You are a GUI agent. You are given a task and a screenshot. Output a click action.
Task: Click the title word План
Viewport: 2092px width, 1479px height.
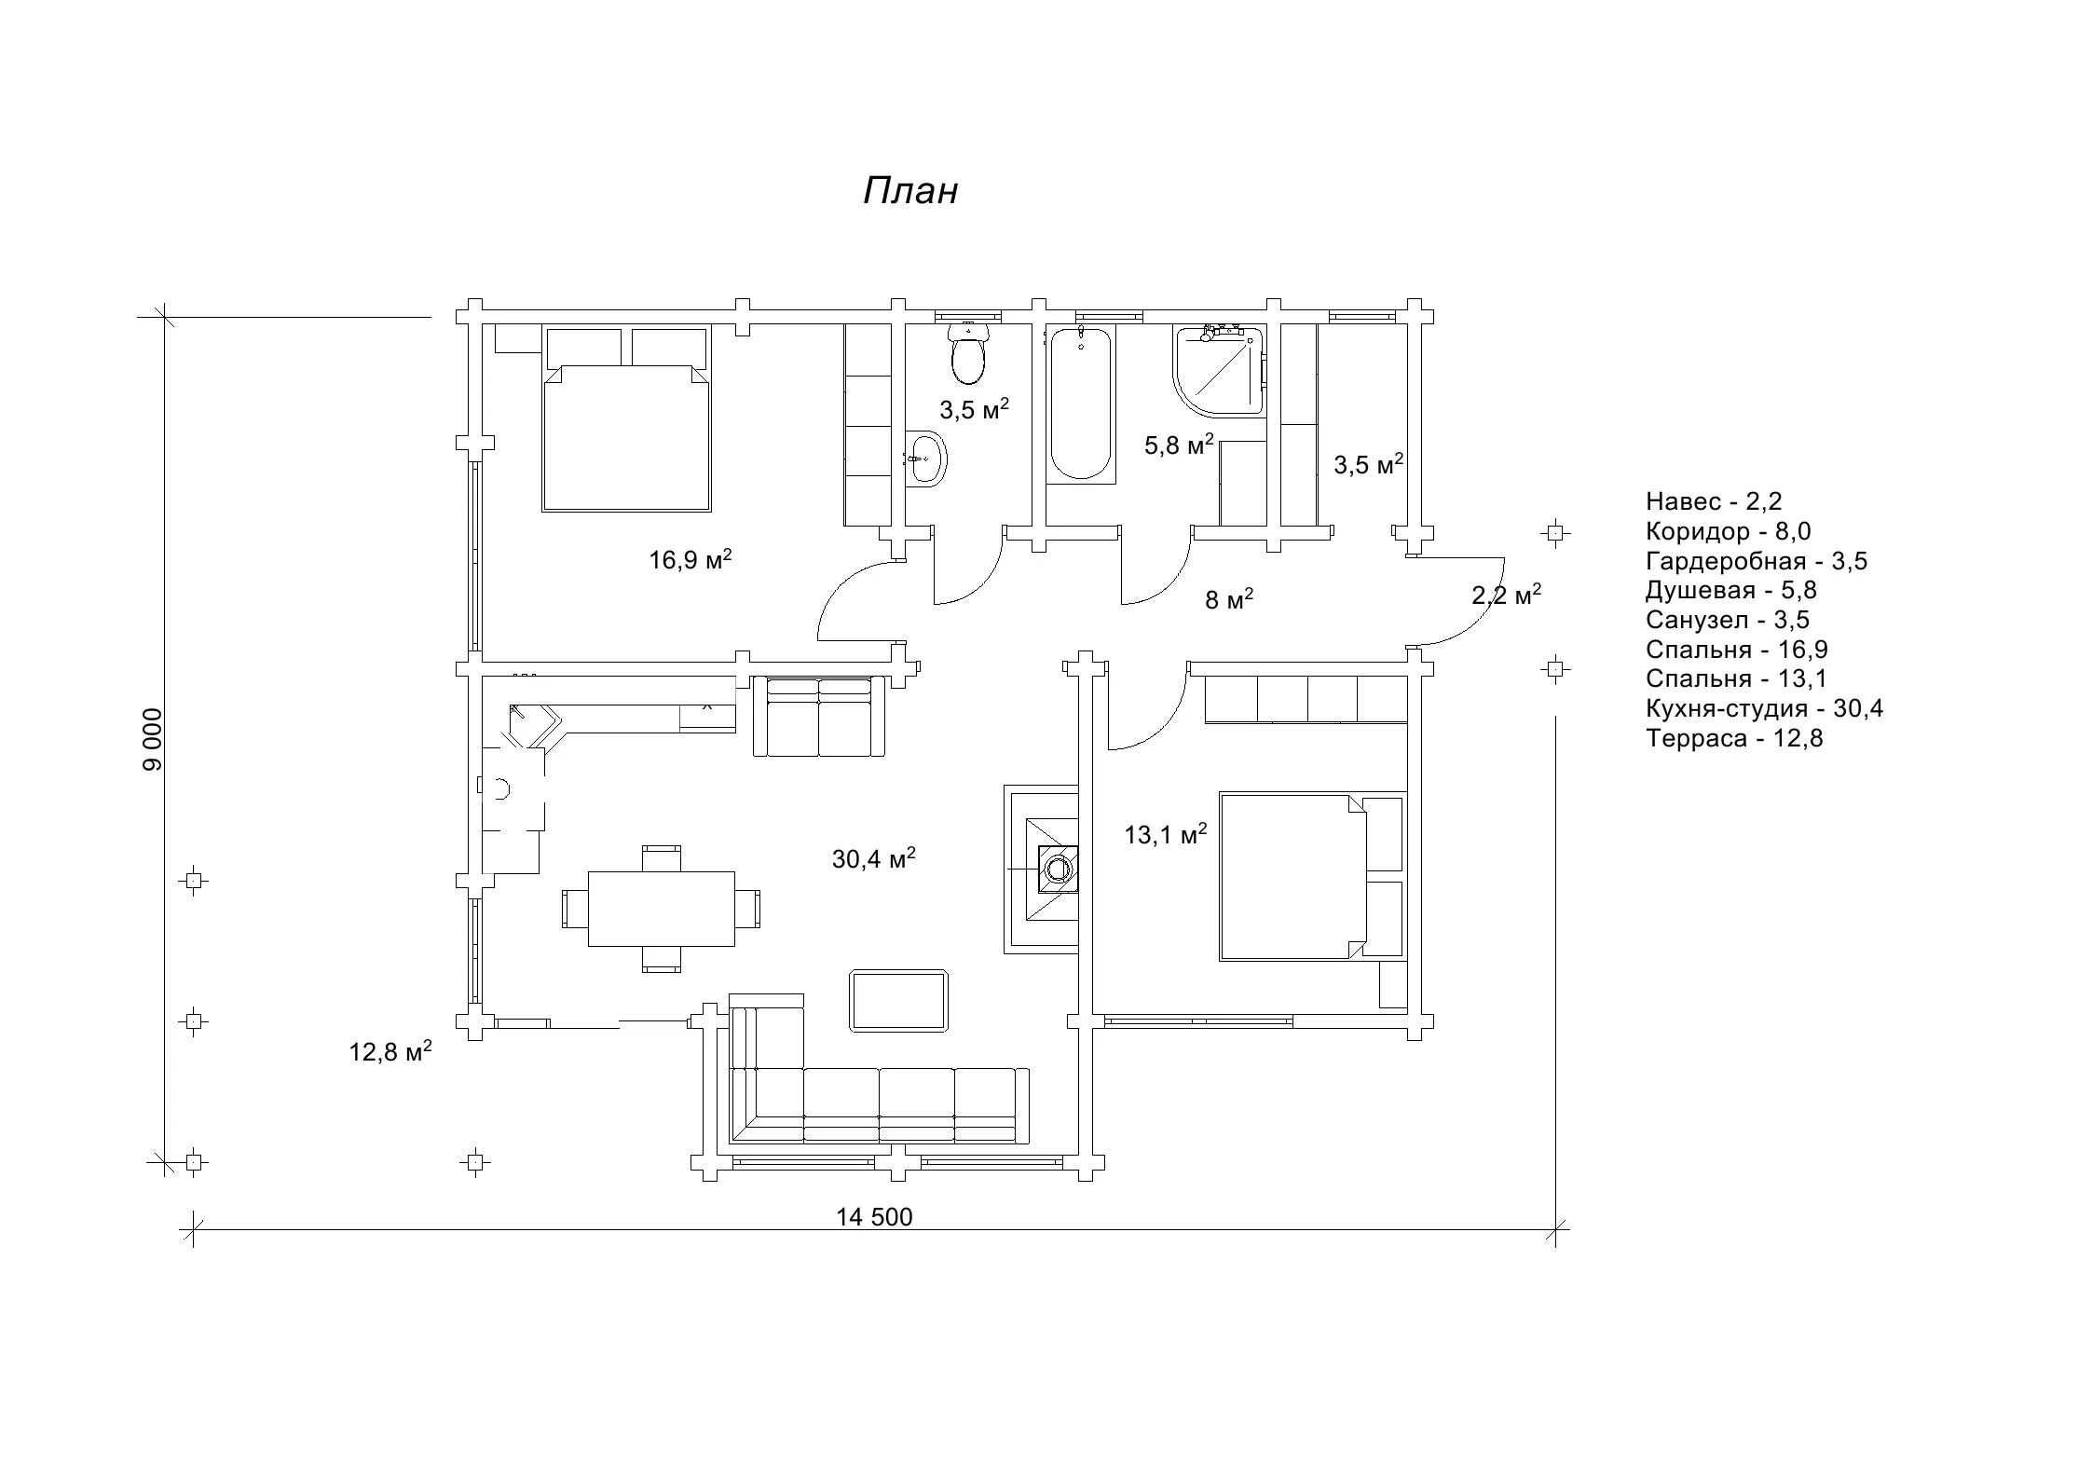pyautogui.click(x=910, y=191)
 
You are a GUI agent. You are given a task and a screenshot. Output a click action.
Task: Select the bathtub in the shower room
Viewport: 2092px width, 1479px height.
pyautogui.click(x=1081, y=405)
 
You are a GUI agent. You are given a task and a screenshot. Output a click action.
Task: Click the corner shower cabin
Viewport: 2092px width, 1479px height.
pyautogui.click(x=1220, y=370)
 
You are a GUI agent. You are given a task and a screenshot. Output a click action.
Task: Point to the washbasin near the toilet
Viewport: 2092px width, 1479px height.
pyautogui.click(x=927, y=458)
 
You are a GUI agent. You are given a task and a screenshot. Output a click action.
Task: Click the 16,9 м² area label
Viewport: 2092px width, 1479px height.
pyautogui.click(x=690, y=559)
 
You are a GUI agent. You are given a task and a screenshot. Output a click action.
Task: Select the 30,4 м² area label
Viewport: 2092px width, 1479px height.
pyautogui.click(x=873, y=858)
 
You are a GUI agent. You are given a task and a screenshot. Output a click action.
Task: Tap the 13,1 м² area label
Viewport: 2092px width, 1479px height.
pyautogui.click(x=1165, y=834)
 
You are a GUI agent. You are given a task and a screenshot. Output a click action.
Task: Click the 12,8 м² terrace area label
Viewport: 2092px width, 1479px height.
pyautogui.click(x=390, y=1052)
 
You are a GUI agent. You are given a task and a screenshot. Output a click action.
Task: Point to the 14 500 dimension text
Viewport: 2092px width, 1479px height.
pyautogui.click(x=874, y=1217)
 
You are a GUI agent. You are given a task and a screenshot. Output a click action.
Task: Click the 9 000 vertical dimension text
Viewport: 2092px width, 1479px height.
pyautogui.click(x=153, y=740)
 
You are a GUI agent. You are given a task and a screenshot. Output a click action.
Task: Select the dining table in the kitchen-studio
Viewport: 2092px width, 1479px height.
pyautogui.click(x=661, y=909)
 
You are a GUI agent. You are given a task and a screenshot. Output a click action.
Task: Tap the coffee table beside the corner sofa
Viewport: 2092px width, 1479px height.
pyautogui.click(x=898, y=1001)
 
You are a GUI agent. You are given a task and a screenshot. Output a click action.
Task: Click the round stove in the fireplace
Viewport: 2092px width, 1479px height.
pyautogui.click(x=1058, y=870)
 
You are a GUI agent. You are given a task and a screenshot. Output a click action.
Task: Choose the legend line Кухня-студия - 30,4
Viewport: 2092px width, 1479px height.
pyautogui.click(x=1764, y=709)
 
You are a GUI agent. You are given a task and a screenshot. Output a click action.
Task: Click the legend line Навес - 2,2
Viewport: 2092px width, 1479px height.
pyautogui.click(x=1713, y=501)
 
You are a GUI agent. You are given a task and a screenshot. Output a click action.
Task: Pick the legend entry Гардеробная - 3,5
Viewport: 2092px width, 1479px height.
pyautogui.click(x=1756, y=561)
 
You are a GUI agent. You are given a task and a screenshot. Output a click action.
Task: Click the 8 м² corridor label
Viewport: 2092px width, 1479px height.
pyautogui.click(x=1228, y=599)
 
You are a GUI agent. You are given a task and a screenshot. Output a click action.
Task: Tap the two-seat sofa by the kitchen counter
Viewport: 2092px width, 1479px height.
pyautogui.click(x=818, y=718)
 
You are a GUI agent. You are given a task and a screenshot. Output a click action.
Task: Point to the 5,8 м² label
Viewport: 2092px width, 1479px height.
pyautogui.click(x=1179, y=445)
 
